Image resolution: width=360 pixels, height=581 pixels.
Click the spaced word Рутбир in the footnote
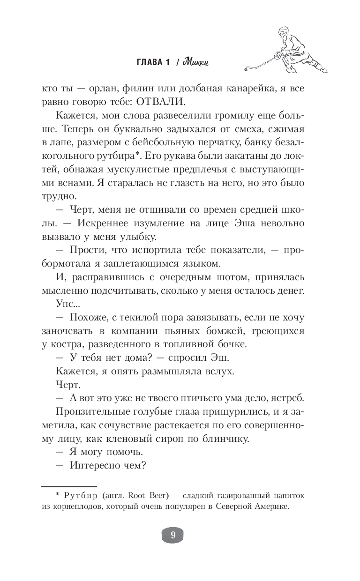(79, 495)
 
